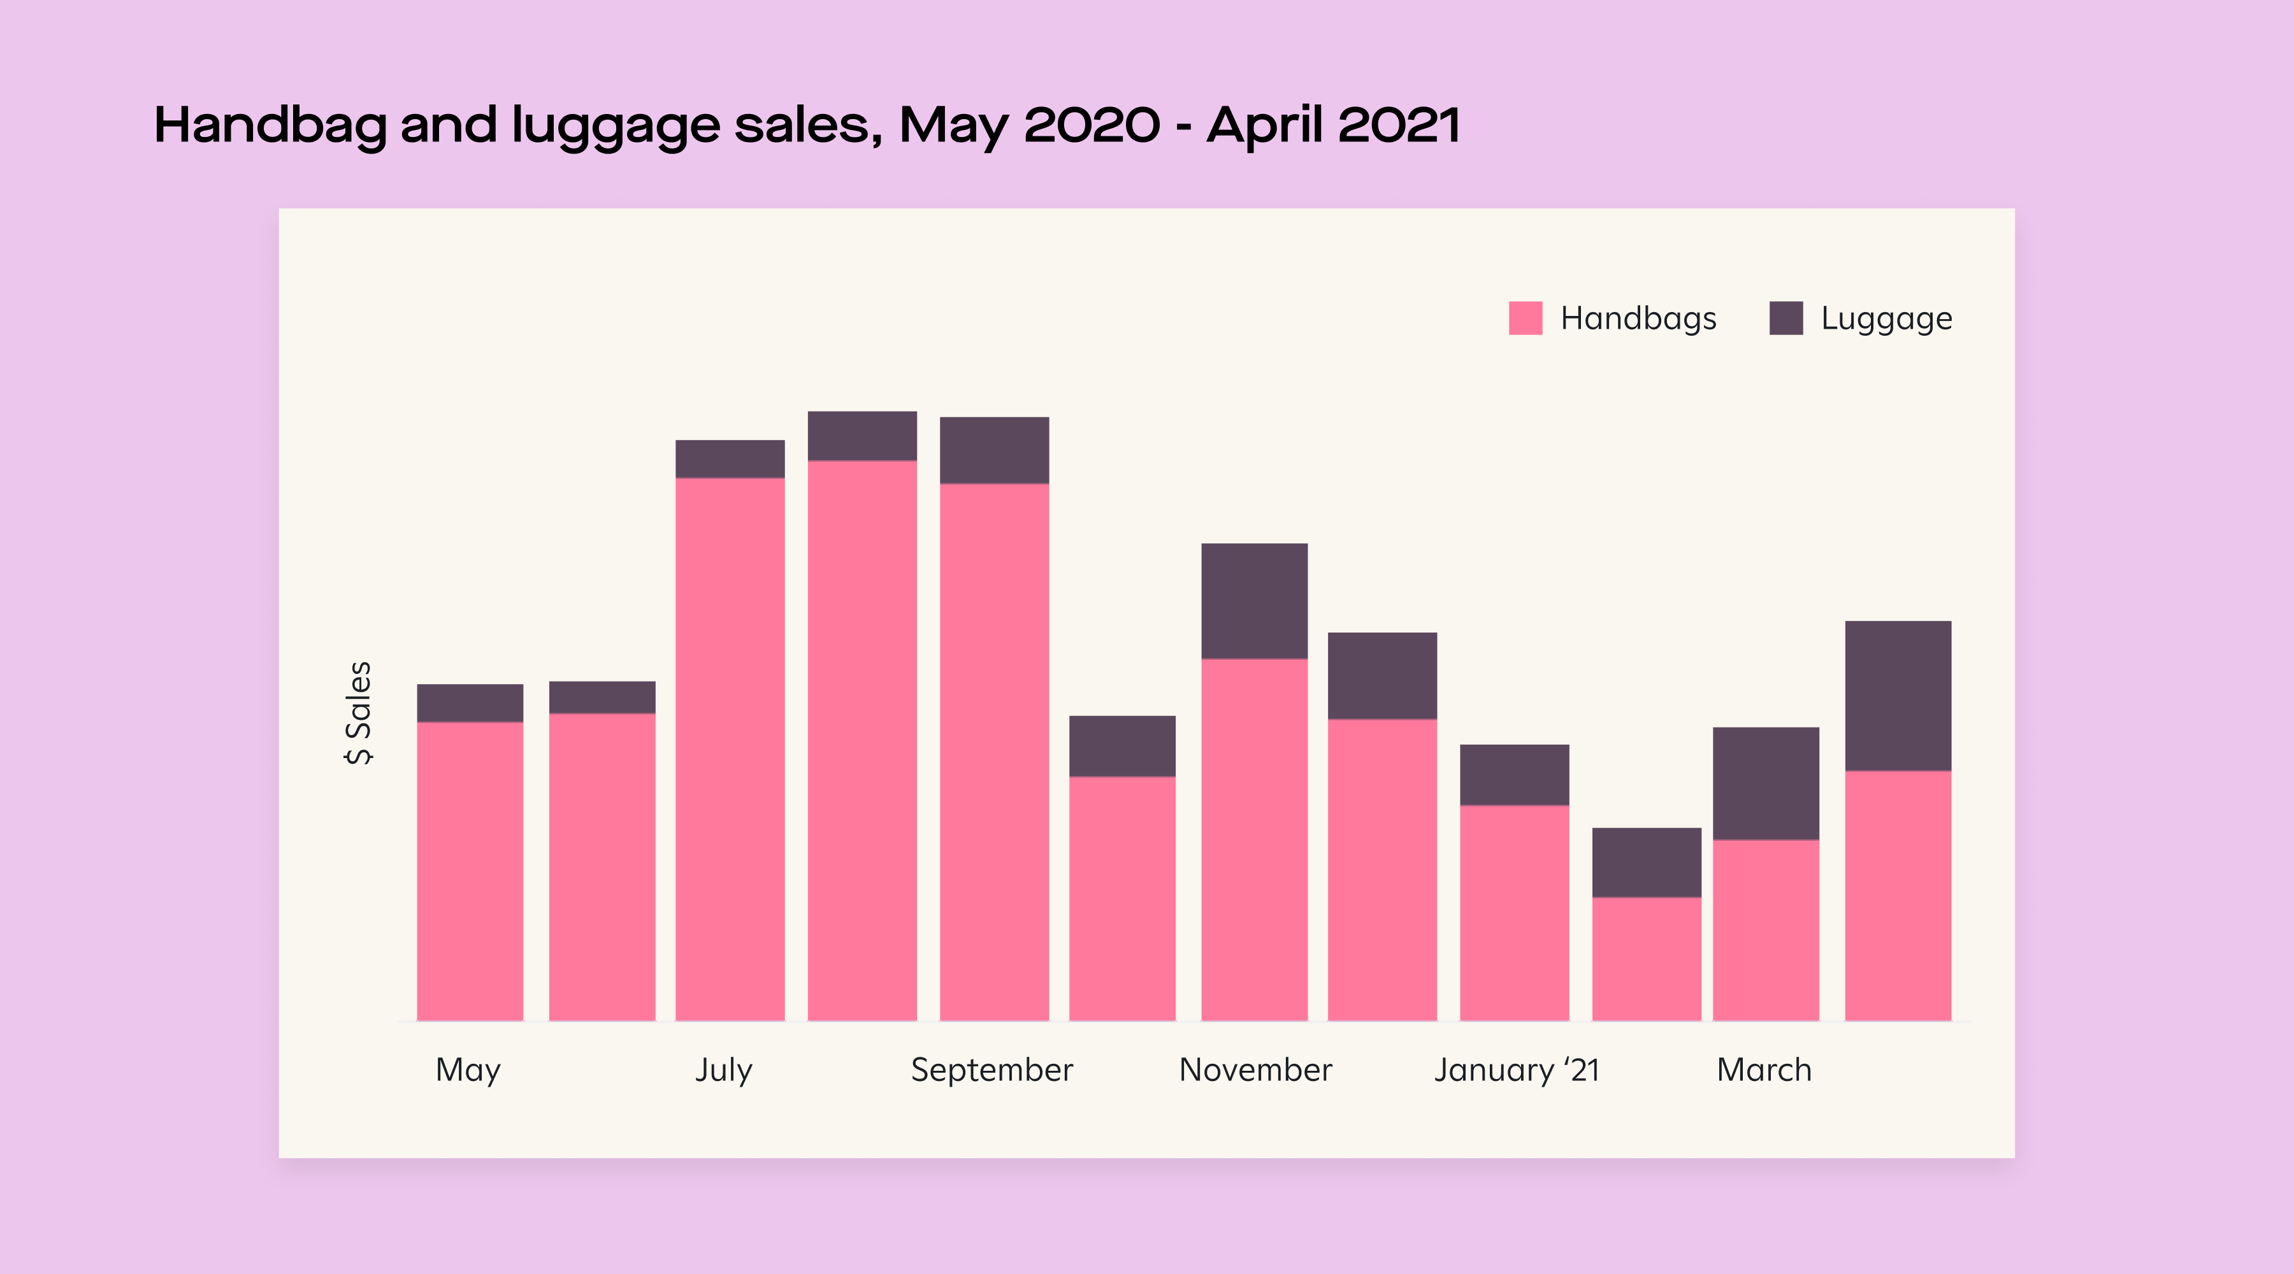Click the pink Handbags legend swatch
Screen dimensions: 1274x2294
point(1526,318)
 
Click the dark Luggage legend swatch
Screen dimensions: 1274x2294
point(1785,318)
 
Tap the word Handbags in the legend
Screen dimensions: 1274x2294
point(1638,318)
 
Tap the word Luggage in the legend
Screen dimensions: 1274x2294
point(1886,318)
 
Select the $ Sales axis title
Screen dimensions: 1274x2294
point(358,712)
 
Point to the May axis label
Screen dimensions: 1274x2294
point(468,1070)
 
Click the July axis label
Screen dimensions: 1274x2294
point(723,1070)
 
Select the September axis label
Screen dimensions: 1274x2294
point(991,1070)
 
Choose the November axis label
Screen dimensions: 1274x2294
point(1255,1070)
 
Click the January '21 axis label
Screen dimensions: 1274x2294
point(1516,1070)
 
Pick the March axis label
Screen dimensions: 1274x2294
point(1763,1070)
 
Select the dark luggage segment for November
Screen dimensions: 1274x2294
point(1254,601)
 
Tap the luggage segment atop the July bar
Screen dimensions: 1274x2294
point(730,459)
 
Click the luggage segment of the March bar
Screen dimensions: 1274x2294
point(1765,783)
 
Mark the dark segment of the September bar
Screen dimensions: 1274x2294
point(994,450)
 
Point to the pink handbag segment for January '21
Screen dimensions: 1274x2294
point(1514,913)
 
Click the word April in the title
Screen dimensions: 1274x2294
point(1264,125)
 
